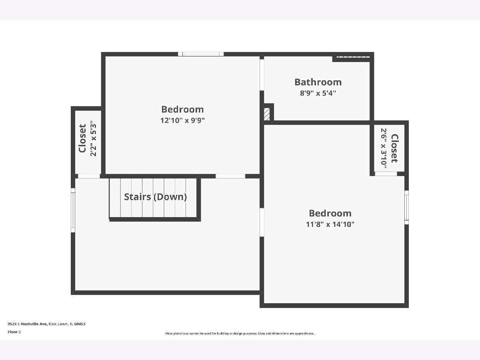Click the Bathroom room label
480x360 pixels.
(x=318, y=82)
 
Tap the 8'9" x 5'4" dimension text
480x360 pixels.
(x=318, y=93)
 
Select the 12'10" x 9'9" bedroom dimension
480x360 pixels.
(x=182, y=120)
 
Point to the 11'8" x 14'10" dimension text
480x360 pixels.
(x=330, y=224)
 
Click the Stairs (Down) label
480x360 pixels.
(x=156, y=197)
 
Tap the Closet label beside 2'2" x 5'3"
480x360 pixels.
(x=82, y=138)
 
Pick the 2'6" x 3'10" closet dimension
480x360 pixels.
(x=384, y=148)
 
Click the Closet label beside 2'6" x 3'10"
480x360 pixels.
(x=394, y=148)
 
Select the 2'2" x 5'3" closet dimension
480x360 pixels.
(x=93, y=138)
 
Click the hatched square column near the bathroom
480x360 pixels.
(x=267, y=114)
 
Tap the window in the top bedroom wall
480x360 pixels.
(x=201, y=54)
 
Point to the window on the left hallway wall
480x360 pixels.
(x=73, y=210)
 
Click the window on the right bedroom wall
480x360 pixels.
(x=406, y=208)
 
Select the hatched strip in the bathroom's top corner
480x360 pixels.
(x=353, y=57)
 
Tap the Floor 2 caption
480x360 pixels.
(x=14, y=332)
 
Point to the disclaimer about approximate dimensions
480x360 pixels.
(x=240, y=333)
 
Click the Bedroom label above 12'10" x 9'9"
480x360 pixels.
(x=182, y=110)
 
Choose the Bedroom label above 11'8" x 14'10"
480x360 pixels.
(x=330, y=213)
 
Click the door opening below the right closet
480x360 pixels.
(x=386, y=174)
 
